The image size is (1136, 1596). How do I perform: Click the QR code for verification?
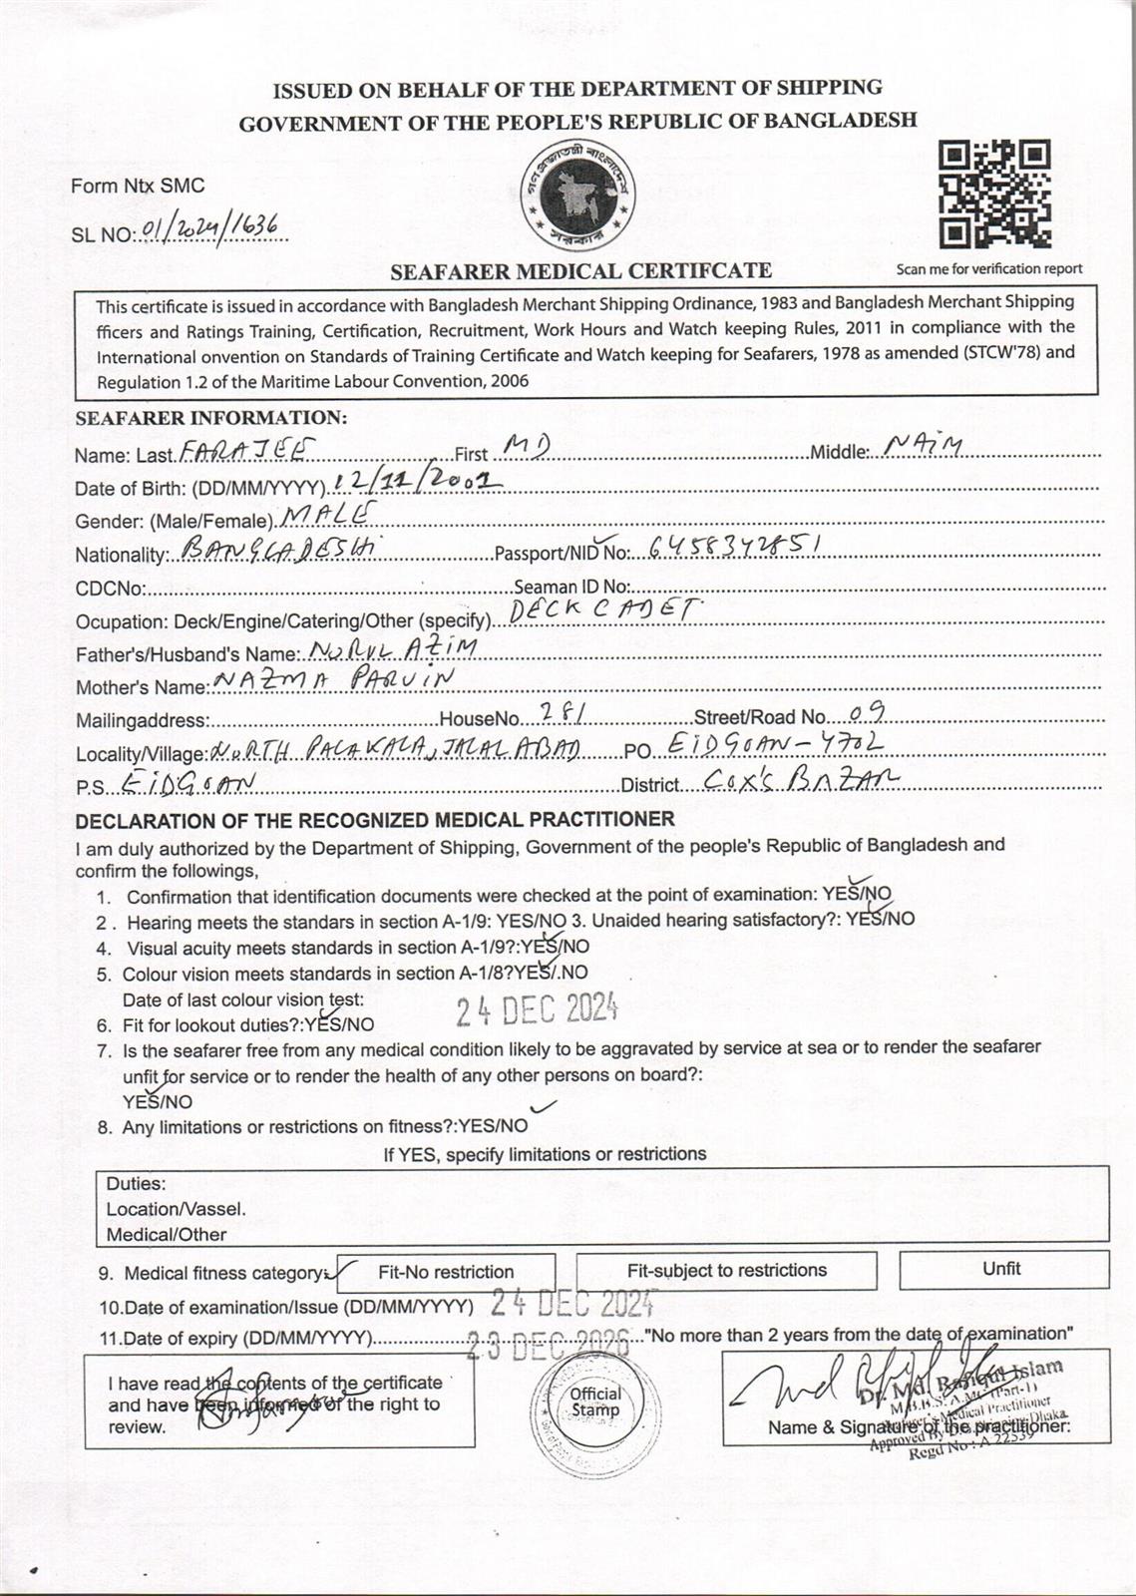click(x=994, y=195)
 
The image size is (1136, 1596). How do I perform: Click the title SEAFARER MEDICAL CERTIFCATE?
click(x=580, y=270)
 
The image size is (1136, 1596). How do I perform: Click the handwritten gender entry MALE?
click(x=329, y=515)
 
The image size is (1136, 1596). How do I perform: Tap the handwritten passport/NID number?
click(x=734, y=546)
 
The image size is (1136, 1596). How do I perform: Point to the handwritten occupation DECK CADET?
click(x=602, y=611)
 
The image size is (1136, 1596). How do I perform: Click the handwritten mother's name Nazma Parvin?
click(x=334, y=680)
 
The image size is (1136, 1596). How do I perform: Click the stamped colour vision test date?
click(x=537, y=1011)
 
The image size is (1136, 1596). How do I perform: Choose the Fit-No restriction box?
click(x=446, y=1272)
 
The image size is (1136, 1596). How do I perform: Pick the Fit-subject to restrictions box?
click(x=726, y=1271)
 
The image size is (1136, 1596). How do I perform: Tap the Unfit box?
click(x=1001, y=1269)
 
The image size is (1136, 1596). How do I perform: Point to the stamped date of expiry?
click(x=550, y=1343)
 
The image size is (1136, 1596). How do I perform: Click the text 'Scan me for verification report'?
click(x=988, y=268)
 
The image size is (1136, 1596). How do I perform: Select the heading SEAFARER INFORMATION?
click(x=211, y=419)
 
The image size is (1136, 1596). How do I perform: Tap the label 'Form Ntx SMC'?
click(x=138, y=186)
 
